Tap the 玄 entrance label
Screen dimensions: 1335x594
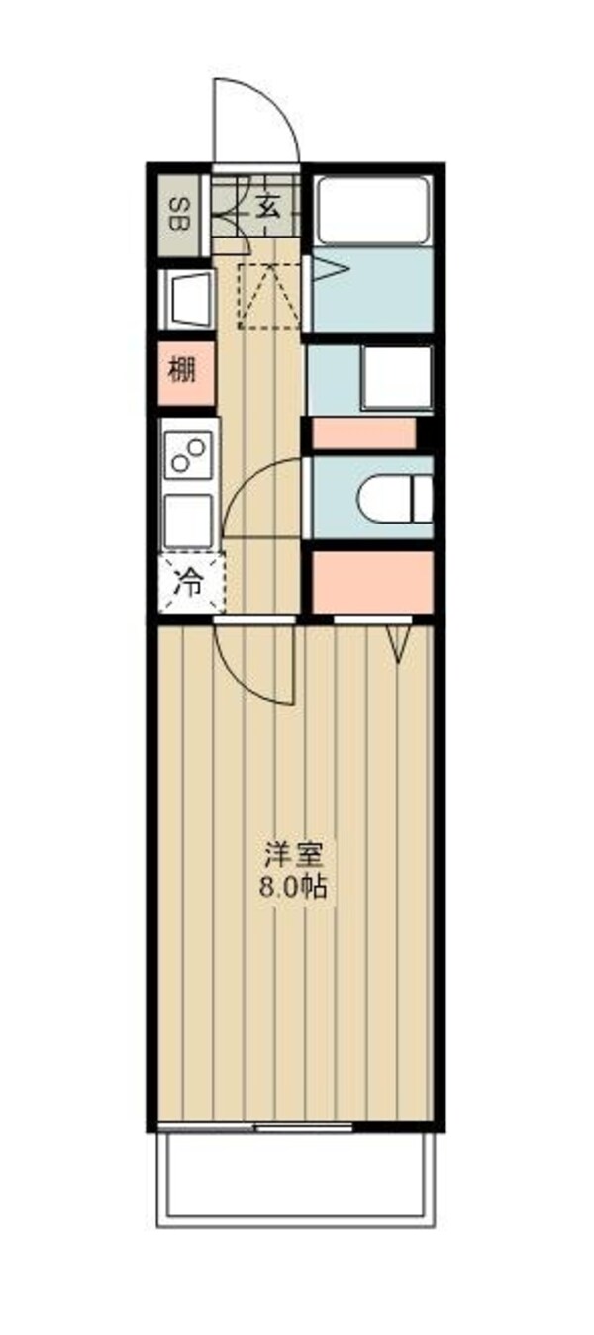268,207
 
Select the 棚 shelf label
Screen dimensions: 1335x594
181,372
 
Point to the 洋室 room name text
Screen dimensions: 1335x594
294,852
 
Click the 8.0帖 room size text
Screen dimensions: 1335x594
293,887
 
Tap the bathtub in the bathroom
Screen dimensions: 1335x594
372,210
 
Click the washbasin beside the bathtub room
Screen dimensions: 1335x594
397,377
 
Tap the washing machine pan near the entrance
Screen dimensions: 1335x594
187,296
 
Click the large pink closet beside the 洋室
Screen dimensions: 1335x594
373,582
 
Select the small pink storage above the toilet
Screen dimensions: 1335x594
363,433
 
